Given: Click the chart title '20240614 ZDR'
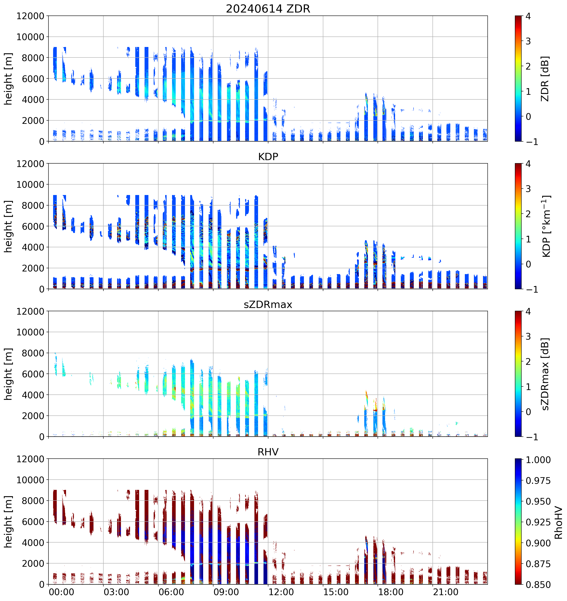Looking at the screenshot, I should [x=268, y=9].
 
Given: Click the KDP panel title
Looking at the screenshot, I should [x=268, y=157].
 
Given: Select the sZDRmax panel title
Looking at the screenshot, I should [x=268, y=304].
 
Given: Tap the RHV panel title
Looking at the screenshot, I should [x=268, y=452].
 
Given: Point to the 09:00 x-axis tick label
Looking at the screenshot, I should [x=226, y=592].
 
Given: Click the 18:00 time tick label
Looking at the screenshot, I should [x=391, y=592].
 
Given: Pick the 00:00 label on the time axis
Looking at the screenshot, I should [x=61, y=592].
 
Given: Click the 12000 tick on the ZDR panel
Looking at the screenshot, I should [x=30, y=16].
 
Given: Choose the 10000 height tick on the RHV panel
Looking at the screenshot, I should [x=30, y=480].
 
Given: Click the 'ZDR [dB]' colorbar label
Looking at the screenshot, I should [x=545, y=79].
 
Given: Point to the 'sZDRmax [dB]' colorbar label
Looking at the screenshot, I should [x=545, y=374].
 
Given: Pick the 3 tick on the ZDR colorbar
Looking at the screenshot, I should [x=528, y=41].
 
